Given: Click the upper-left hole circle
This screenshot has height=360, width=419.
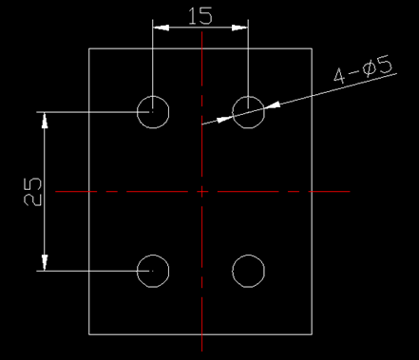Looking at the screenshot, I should (x=152, y=111).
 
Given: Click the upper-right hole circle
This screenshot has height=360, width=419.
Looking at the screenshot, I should (x=249, y=111).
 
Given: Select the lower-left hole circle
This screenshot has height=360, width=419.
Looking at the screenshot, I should (x=152, y=271).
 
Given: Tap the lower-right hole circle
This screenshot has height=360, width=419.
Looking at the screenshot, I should (x=249, y=271).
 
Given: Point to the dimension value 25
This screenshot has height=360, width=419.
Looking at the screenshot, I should (x=30, y=192).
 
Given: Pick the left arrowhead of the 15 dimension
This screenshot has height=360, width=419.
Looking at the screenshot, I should (x=158, y=26).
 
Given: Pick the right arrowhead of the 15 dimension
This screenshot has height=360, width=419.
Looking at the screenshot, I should (x=243, y=26).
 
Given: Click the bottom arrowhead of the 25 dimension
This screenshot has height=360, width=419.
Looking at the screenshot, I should (x=42, y=266).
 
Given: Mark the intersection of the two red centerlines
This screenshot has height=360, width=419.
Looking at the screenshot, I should (x=201, y=192).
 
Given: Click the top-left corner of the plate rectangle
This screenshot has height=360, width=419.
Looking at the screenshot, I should (x=89, y=48).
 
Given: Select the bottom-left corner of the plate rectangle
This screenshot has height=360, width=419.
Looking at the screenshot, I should (x=89, y=335).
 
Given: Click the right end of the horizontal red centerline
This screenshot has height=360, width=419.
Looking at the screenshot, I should (x=350, y=192).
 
